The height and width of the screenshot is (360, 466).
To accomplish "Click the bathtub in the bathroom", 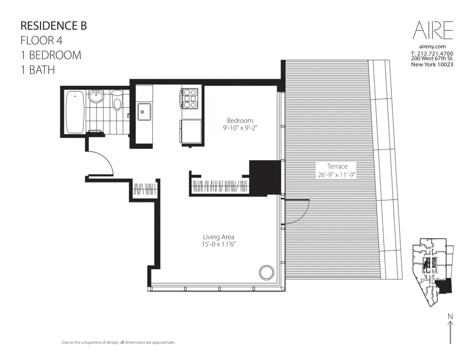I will (75, 112).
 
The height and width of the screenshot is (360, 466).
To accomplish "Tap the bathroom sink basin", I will (96, 98).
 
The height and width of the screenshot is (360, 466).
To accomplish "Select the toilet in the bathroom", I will (117, 100).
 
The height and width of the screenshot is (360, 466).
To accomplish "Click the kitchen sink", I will (144, 112).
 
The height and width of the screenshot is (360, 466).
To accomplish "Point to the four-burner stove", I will (190, 98).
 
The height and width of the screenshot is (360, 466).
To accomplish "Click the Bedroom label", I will (240, 121).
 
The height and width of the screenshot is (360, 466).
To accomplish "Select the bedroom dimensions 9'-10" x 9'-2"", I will (240, 128).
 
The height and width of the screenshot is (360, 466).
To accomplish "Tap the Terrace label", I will (337, 166).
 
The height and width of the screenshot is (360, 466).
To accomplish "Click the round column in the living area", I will (267, 272).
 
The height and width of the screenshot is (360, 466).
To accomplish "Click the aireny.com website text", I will (432, 47).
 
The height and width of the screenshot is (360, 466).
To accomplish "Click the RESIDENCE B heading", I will (54, 26).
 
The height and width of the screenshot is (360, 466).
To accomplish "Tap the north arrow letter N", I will (450, 317).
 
